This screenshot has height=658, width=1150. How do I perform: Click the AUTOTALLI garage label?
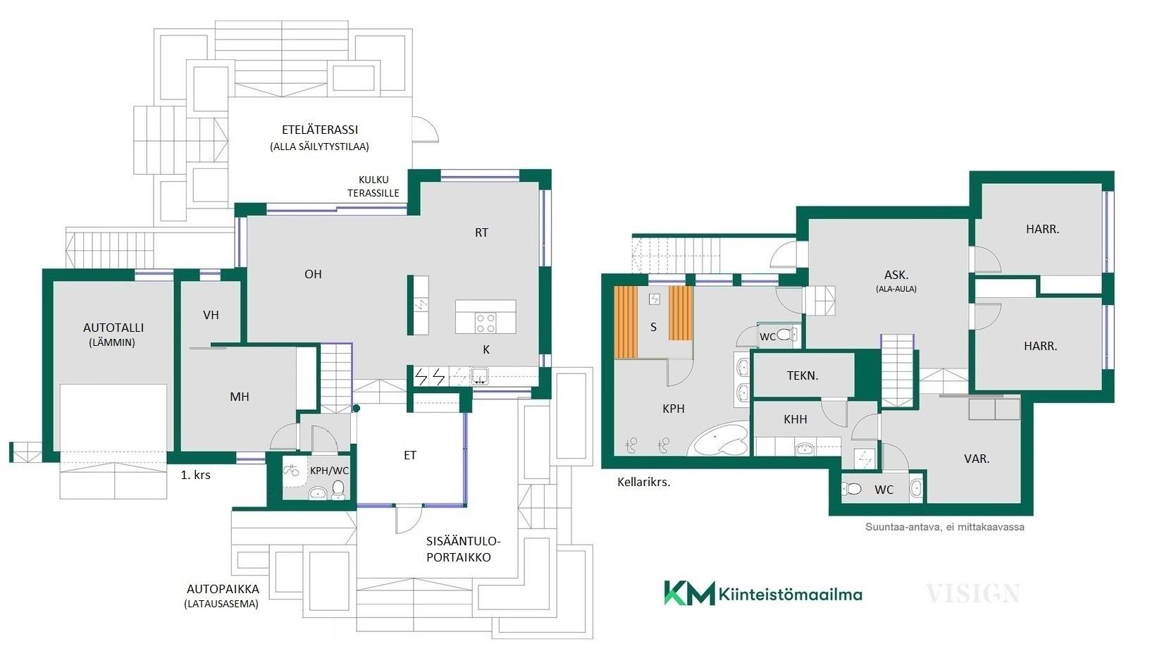point(113,328)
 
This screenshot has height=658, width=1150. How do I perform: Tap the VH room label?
point(211,315)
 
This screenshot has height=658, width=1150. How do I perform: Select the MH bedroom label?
point(240,397)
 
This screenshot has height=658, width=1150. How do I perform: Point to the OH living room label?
point(313,274)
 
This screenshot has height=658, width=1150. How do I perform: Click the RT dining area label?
point(481,232)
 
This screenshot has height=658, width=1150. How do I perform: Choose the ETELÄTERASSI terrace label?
point(320,130)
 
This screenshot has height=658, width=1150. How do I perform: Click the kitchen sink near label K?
point(479,376)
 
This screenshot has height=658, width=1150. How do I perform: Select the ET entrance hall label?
point(409,455)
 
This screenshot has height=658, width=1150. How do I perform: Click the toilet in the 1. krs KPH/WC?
point(338,489)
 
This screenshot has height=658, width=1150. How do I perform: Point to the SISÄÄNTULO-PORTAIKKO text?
point(463,550)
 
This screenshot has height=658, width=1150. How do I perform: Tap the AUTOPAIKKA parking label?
point(223,589)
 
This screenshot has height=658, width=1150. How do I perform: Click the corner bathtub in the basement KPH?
point(719,439)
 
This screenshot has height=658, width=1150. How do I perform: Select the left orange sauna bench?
point(625,322)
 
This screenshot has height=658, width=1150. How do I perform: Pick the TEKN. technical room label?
point(803,375)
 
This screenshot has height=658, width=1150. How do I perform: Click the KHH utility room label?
point(796,419)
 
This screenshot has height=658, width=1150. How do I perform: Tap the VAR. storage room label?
point(977,459)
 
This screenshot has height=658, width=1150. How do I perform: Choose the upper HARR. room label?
point(1042,230)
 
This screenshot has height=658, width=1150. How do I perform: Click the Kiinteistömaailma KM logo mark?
point(689,592)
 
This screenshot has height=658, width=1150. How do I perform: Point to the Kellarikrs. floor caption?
point(644,483)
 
